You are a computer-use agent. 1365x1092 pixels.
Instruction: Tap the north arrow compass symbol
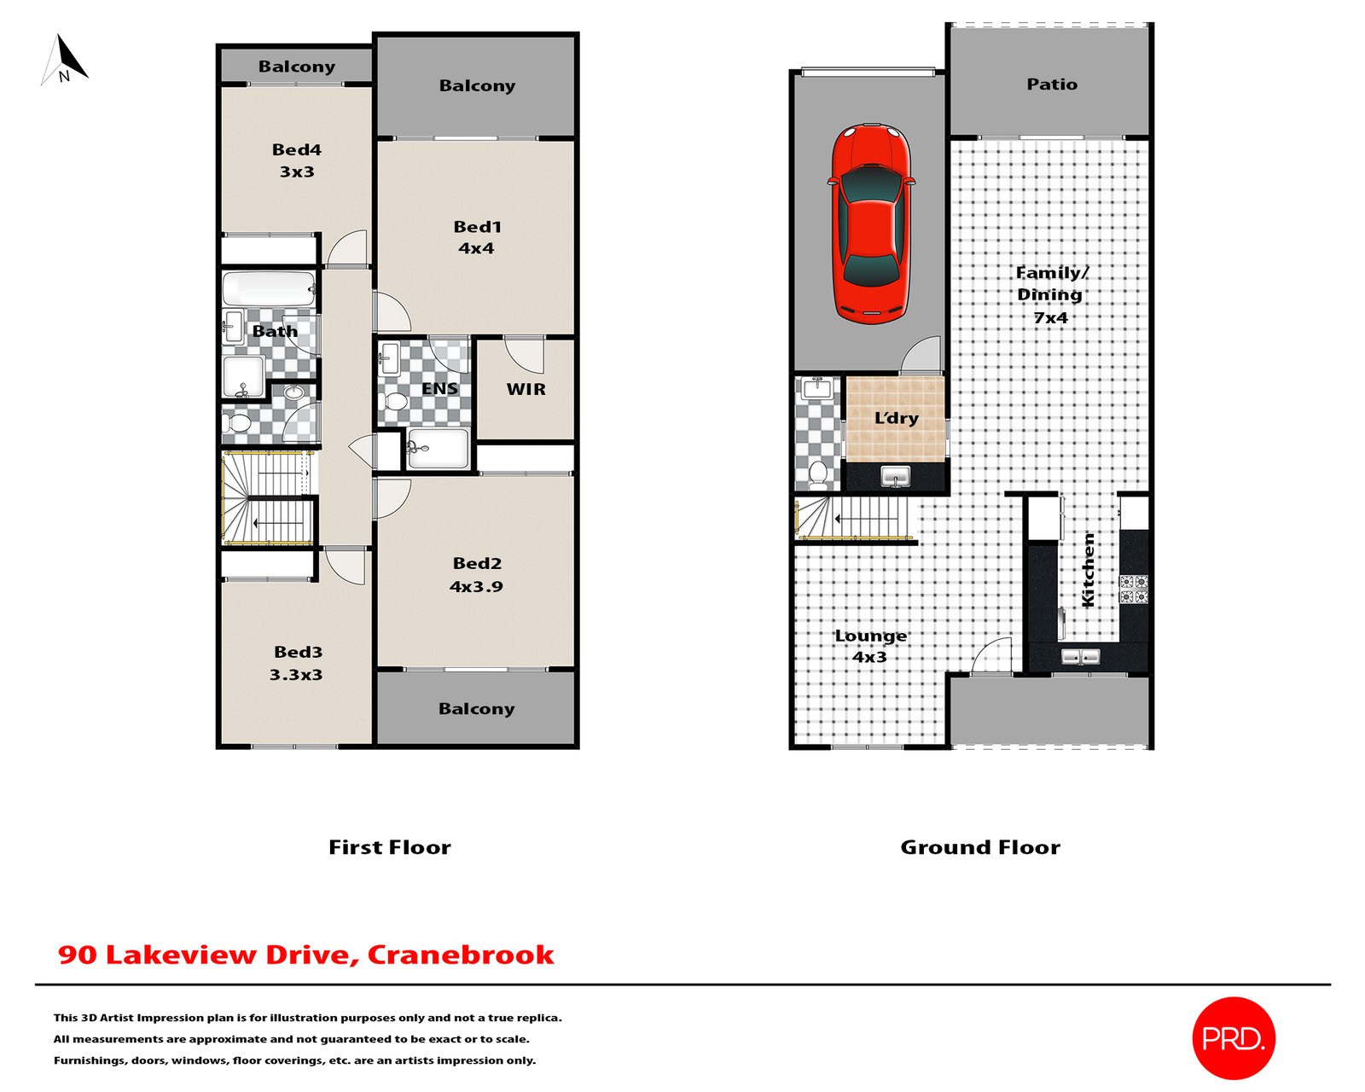[64, 60]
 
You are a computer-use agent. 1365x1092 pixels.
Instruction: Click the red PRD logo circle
[1233, 1038]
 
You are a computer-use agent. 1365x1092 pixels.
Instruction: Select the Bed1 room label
[477, 227]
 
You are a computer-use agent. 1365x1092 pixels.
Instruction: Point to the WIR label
[526, 389]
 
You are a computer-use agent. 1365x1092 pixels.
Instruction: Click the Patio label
[1052, 84]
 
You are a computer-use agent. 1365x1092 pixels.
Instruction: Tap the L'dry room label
[896, 417]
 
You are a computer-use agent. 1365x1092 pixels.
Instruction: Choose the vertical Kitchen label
[1087, 569]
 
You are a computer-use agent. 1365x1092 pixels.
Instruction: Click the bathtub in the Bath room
[269, 288]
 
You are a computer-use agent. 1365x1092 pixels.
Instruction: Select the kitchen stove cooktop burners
[1133, 588]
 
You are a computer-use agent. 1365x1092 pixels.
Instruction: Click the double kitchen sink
[1081, 656]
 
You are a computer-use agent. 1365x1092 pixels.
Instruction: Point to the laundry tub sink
[895, 475]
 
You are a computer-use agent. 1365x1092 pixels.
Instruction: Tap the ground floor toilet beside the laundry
[817, 474]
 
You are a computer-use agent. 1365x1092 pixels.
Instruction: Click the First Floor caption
[390, 847]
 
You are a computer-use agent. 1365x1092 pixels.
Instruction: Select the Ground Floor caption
[980, 847]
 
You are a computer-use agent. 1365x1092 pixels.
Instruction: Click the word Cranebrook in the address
[461, 955]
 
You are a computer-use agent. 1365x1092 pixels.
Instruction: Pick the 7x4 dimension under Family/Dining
[1050, 317]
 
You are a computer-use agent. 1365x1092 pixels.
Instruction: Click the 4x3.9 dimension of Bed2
[476, 586]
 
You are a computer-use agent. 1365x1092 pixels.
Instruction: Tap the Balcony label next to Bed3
[476, 709]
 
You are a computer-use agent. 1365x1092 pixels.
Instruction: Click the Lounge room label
[870, 635]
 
